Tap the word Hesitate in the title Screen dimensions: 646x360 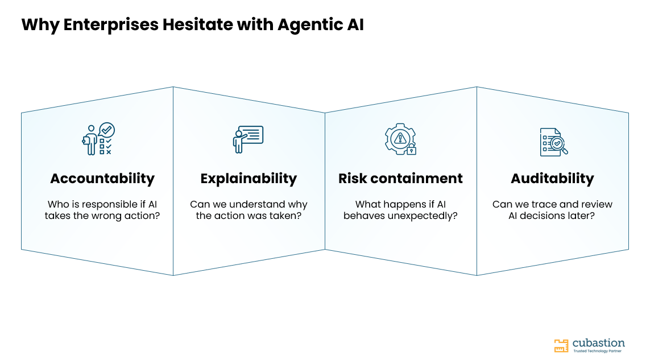[x=197, y=24]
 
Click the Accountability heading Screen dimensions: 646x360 [x=102, y=179]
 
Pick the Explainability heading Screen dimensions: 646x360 [x=249, y=179]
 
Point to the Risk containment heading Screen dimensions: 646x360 [x=400, y=179]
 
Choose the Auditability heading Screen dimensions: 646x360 [x=552, y=179]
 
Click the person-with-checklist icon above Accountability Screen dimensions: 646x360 [x=98, y=139]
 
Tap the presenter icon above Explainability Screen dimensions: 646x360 [x=248, y=139]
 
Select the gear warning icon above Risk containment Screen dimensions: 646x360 [x=400, y=139]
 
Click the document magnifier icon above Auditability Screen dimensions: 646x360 [x=554, y=142]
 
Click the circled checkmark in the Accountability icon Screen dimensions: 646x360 [x=107, y=130]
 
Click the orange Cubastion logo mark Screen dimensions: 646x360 [x=561, y=346]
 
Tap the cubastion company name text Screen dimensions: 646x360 [x=598, y=343]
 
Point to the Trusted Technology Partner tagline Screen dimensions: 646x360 [x=598, y=351]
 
